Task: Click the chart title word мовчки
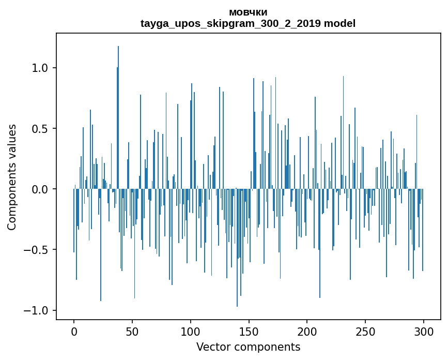pos(248,12)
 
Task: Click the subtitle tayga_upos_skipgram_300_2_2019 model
pos(248,23)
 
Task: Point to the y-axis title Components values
pos(12,177)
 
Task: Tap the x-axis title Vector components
pos(248,347)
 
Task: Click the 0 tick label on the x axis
pos(74,332)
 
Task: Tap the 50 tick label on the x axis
pos(132,332)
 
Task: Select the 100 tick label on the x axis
pos(191,332)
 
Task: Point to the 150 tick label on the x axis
pos(249,332)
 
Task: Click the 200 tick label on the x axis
pos(307,332)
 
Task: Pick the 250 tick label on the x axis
pos(365,332)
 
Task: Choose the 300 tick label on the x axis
pos(424,332)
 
